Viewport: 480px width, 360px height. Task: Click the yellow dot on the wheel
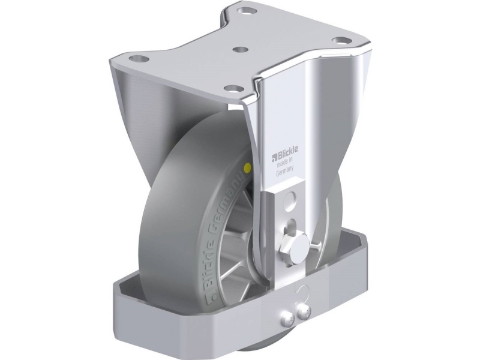pos(247,167)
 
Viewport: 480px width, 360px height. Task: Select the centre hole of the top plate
pos(241,49)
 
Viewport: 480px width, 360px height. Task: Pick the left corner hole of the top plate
pos(139,58)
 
